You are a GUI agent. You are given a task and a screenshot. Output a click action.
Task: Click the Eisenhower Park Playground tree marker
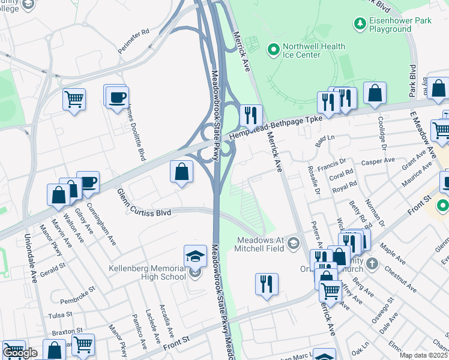click(x=360, y=23)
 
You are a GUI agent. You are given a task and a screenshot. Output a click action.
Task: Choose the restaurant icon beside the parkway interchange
click(x=251, y=114)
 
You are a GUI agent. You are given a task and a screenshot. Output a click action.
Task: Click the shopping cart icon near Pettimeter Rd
click(x=74, y=98)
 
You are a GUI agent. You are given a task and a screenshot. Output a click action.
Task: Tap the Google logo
click(x=19, y=353)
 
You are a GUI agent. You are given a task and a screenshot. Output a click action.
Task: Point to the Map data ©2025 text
click(x=423, y=355)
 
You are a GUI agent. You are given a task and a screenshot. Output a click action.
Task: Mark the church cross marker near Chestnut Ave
click(x=372, y=263)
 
